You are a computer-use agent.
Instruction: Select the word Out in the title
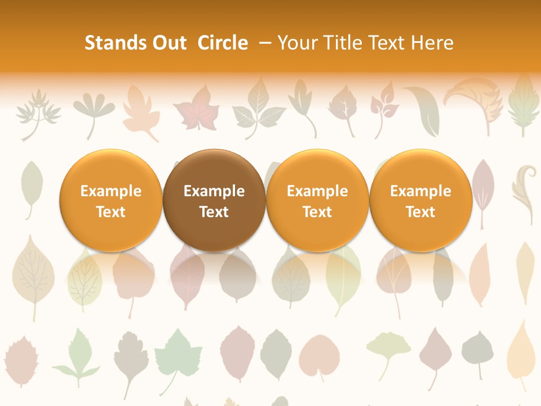[168, 43]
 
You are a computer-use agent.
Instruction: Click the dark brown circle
[214, 200]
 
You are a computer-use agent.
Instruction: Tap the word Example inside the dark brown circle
[214, 191]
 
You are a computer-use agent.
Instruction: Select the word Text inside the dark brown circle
[214, 212]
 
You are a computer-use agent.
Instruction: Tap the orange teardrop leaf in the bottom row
[521, 350]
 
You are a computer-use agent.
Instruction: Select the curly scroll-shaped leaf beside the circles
[524, 192]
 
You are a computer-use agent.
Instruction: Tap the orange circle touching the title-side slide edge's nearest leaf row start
[111, 200]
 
